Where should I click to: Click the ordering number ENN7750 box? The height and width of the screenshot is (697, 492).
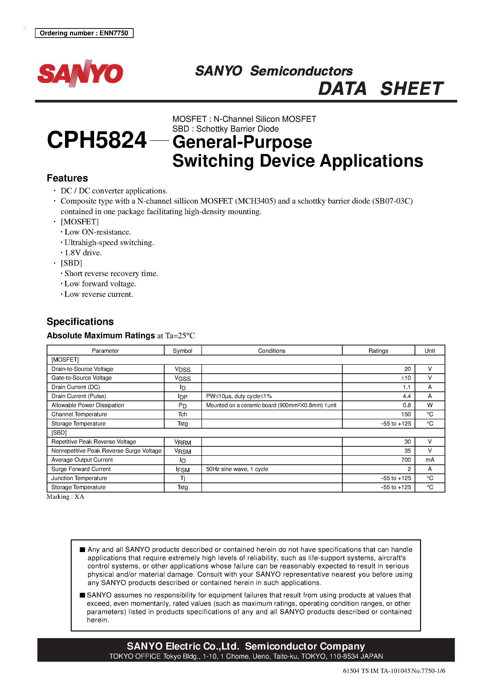pyautogui.click(x=84, y=33)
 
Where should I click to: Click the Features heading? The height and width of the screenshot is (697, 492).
pyautogui.click(x=67, y=178)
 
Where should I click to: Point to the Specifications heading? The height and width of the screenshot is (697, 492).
pyautogui.click(x=80, y=322)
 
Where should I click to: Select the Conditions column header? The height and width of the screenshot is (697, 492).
pyautogui.click(x=271, y=351)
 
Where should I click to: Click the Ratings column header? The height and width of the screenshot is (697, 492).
pyautogui.click(x=378, y=351)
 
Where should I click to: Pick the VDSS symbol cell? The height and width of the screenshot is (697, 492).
pyautogui.click(x=182, y=369)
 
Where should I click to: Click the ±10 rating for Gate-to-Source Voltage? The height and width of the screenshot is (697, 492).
pyautogui.click(x=406, y=378)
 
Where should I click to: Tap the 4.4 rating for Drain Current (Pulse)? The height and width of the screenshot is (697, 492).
pyautogui.click(x=407, y=396)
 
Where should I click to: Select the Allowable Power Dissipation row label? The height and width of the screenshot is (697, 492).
pyautogui.click(x=88, y=405)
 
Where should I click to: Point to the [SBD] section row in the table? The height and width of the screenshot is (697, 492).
pyautogui.click(x=59, y=433)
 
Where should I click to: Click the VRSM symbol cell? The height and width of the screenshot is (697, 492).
pyautogui.click(x=182, y=451)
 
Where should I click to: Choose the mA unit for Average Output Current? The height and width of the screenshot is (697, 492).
pyautogui.click(x=430, y=460)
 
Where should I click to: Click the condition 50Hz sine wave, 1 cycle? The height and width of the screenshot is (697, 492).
pyautogui.click(x=237, y=469)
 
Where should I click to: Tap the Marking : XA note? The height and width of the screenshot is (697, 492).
pyautogui.click(x=65, y=497)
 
